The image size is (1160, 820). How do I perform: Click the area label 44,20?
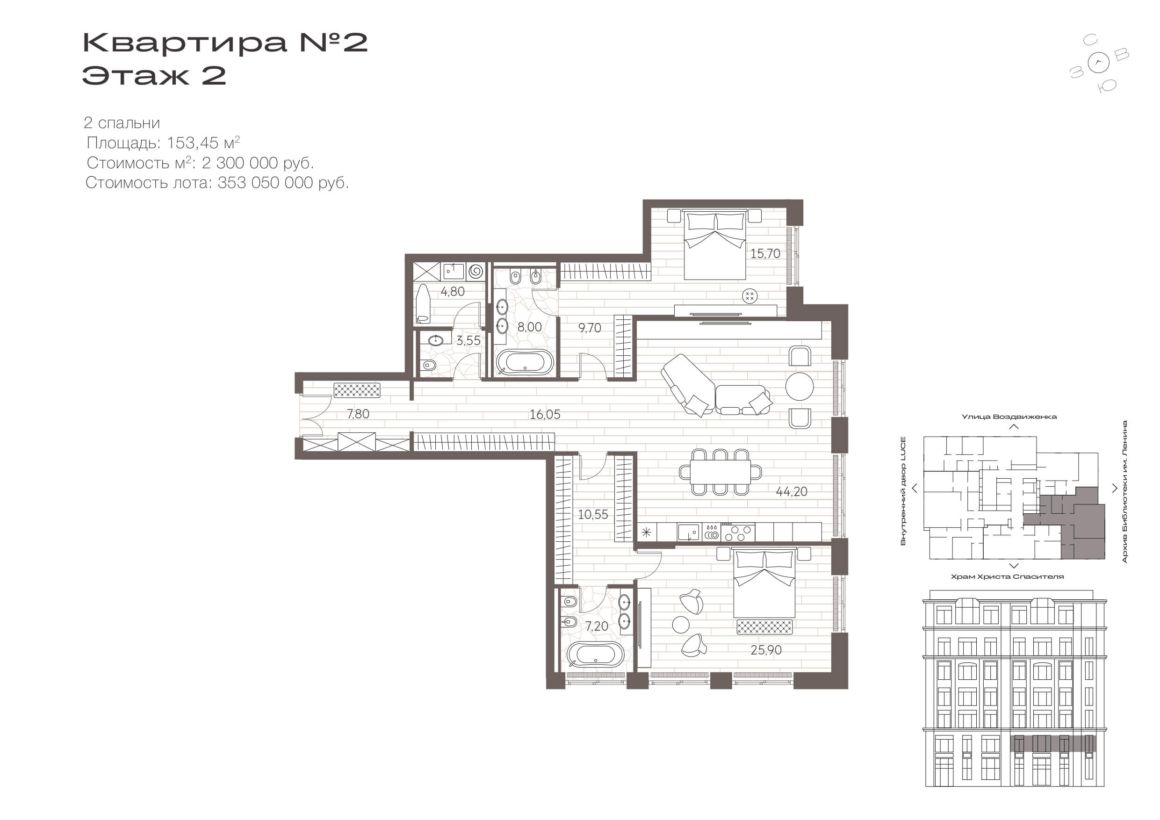click(x=791, y=492)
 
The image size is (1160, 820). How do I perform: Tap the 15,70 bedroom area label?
click(x=765, y=254)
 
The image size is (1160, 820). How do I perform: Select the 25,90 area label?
click(x=766, y=650)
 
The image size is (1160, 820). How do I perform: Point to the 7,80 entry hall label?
click(x=358, y=414)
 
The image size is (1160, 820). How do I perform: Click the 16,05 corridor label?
click(x=545, y=415)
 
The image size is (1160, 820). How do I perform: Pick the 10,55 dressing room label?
click(x=593, y=515)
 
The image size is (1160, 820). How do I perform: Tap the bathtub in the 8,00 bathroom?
click(x=525, y=362)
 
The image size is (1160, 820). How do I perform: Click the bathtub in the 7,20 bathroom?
click(x=596, y=655)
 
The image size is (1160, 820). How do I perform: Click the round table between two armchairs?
click(x=799, y=387)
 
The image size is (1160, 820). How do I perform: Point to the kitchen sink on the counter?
click(x=689, y=532)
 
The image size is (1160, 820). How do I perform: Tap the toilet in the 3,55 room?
click(x=428, y=365)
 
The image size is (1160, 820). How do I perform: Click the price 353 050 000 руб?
click(x=283, y=183)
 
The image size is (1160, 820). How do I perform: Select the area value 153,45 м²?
click(x=203, y=143)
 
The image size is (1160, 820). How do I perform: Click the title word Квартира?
click(x=184, y=43)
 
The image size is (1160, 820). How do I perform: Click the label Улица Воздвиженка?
click(x=1009, y=417)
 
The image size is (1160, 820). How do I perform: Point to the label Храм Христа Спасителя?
click(x=1007, y=576)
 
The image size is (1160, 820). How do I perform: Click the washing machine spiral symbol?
click(x=476, y=271)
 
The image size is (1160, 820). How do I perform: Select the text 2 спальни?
click(x=122, y=123)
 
